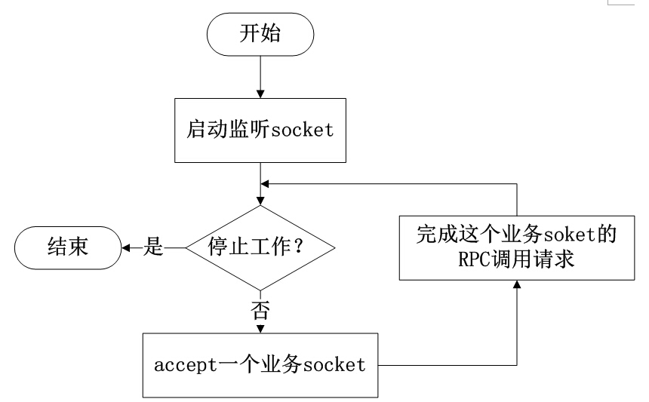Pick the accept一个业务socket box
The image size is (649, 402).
(x=260, y=366)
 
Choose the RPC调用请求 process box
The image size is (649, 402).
(x=516, y=246)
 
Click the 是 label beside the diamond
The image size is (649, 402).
(x=153, y=247)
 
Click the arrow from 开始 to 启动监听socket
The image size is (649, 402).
(x=260, y=75)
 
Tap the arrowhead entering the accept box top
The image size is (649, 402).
(x=260, y=329)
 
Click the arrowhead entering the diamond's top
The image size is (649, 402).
(x=260, y=200)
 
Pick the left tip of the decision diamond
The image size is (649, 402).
(x=186, y=247)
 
